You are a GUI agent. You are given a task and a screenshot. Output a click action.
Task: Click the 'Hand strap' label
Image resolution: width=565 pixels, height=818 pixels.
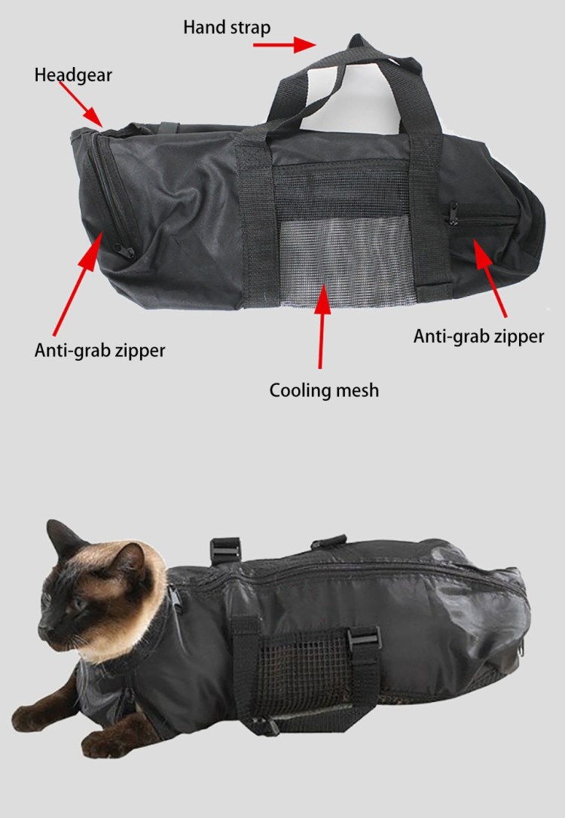[x=227, y=27]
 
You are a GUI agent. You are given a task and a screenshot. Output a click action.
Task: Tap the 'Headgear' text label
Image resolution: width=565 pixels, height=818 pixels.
[x=73, y=75]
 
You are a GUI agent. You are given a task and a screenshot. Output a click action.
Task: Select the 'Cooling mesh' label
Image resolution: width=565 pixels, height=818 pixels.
[x=324, y=390]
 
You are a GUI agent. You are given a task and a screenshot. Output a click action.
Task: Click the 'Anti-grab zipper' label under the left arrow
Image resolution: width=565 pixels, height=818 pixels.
[x=99, y=350]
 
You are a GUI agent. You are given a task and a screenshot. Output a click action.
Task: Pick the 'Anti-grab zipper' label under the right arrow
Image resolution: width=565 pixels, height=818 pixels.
[x=478, y=337]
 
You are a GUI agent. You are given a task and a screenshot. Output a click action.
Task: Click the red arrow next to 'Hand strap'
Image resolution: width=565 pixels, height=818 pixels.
[x=285, y=45]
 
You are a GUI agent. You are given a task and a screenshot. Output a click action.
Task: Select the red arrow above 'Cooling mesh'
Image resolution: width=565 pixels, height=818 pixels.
[x=322, y=326]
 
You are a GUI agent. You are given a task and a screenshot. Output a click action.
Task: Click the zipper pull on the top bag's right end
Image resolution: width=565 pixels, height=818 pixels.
[x=452, y=214]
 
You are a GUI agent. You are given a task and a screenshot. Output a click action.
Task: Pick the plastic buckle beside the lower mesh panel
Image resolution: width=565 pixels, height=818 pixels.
[x=364, y=637]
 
